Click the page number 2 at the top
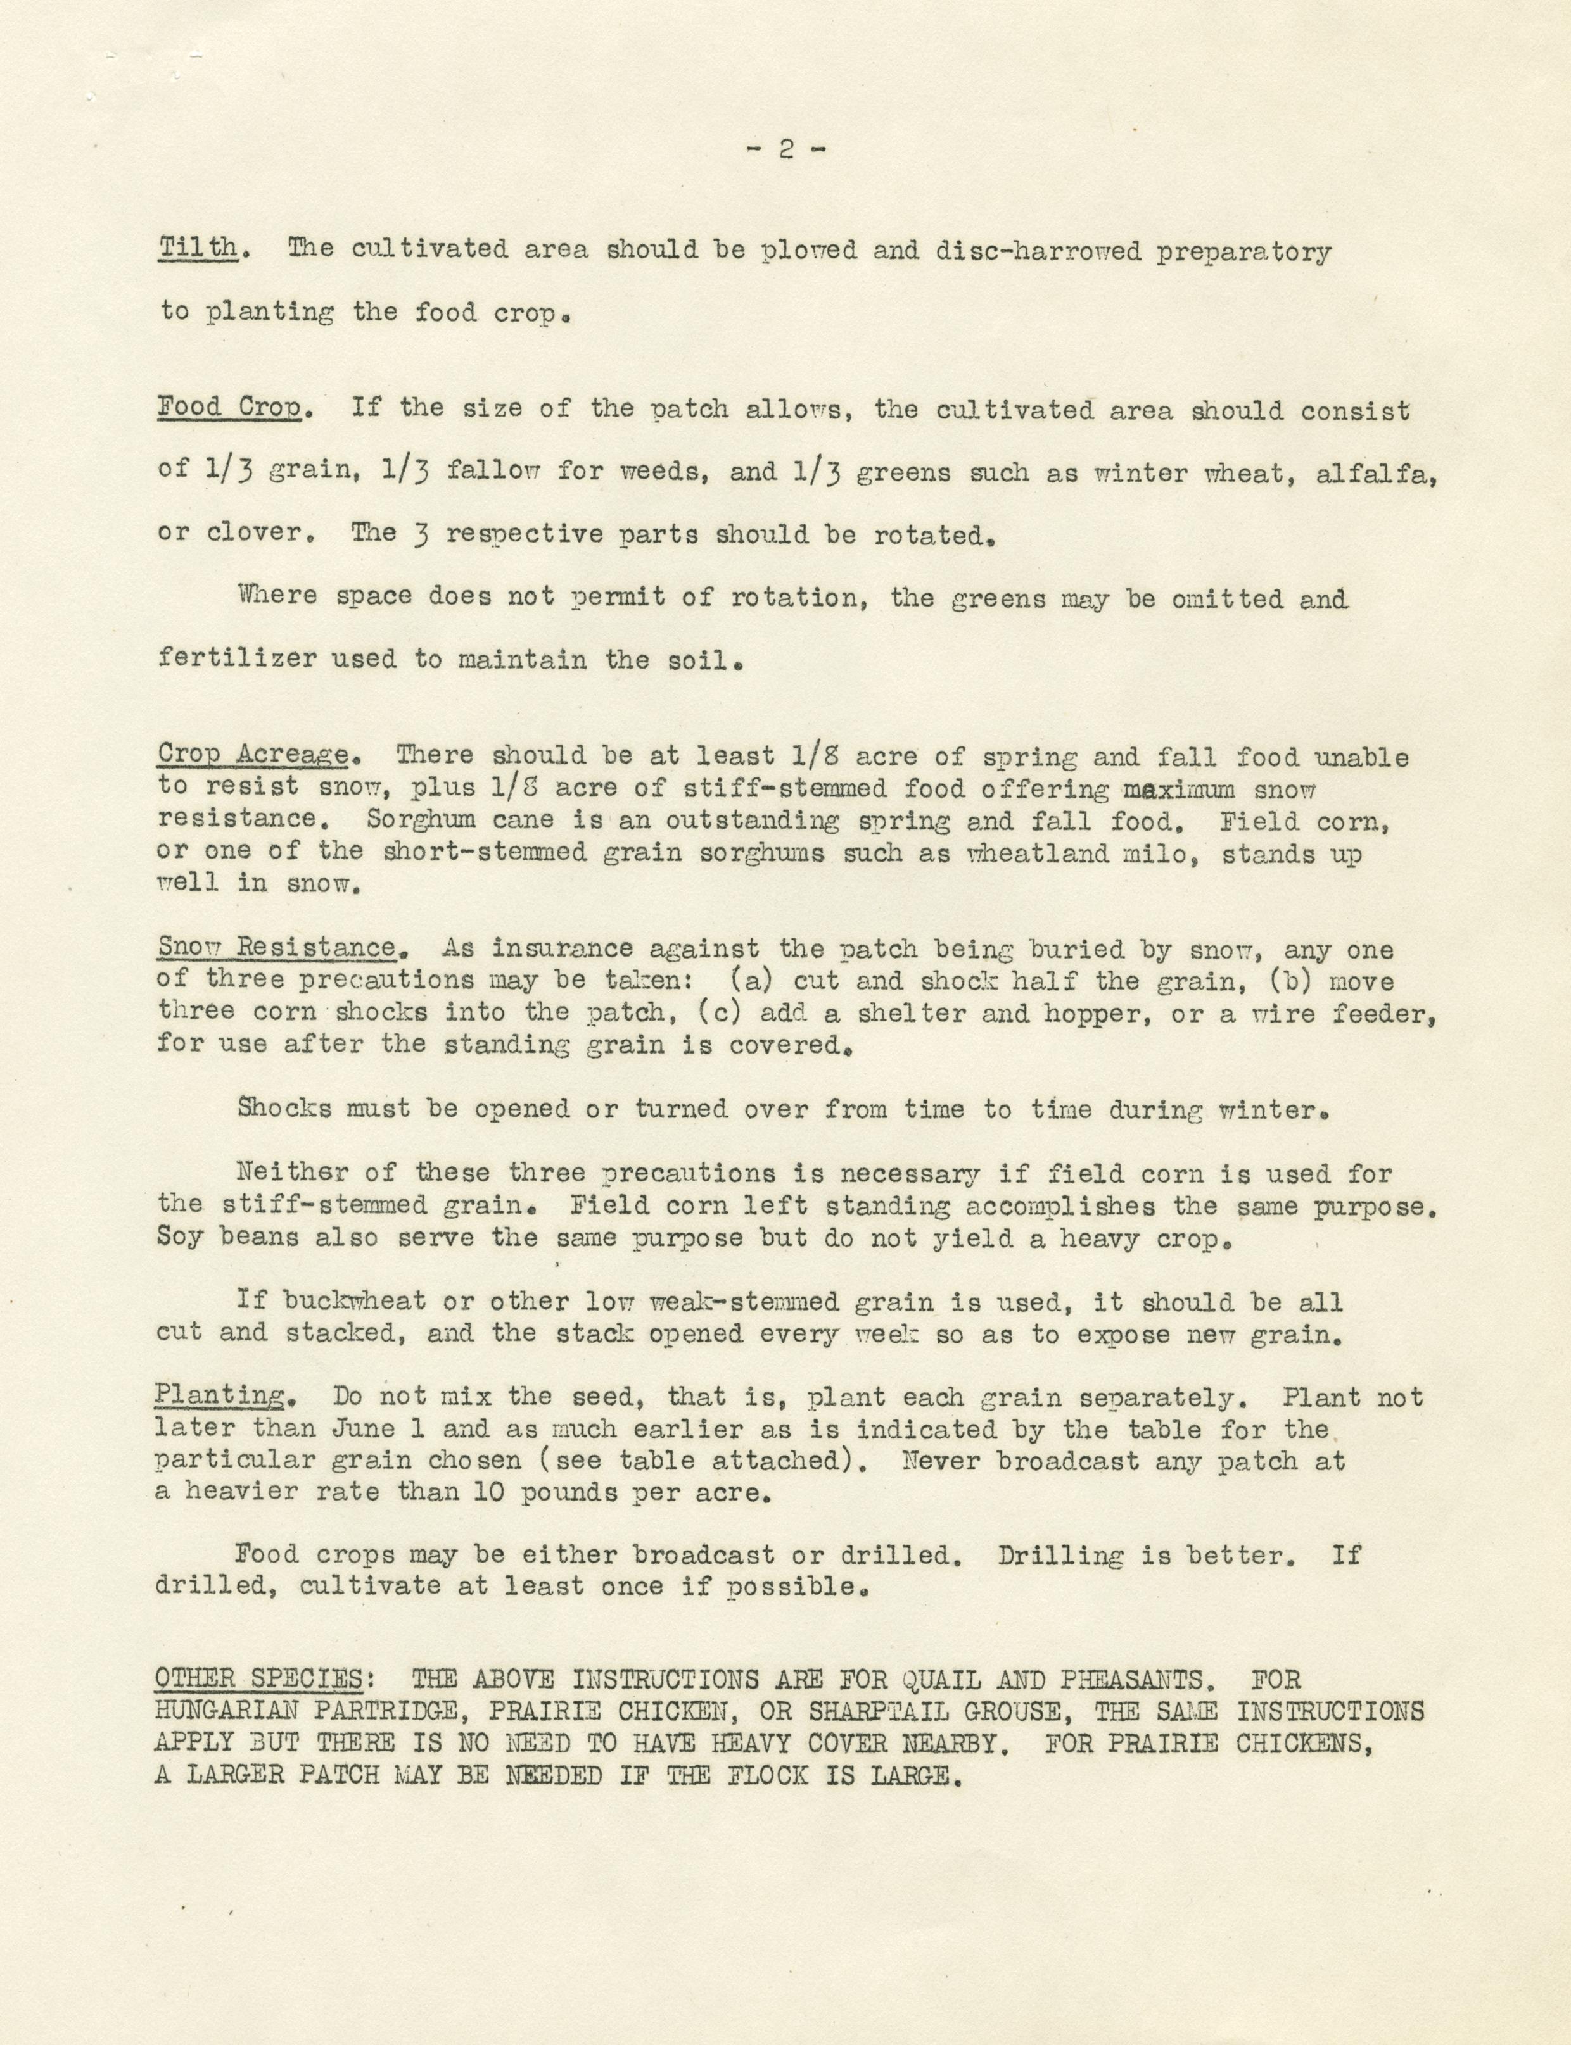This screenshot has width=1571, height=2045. coord(785,149)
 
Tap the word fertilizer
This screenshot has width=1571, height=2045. coord(238,659)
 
